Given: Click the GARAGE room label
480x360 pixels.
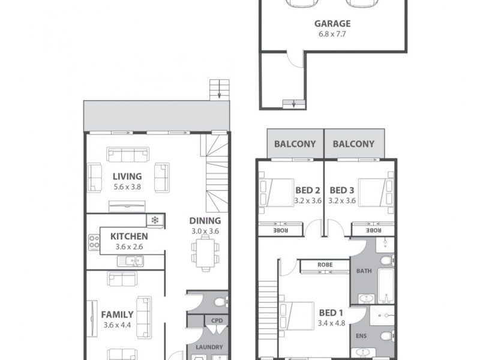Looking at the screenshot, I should (332, 24).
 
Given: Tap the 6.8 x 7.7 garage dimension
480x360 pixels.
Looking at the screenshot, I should (332, 34).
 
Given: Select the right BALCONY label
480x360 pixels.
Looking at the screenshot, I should (353, 144).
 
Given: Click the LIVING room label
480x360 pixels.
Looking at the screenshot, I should (127, 176).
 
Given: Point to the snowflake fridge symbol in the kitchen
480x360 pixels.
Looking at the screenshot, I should (155, 221).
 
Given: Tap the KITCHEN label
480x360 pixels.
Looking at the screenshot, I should (128, 236).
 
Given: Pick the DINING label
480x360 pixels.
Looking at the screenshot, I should (205, 221).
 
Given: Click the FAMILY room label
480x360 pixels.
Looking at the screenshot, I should (118, 314).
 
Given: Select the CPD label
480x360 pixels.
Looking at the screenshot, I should (217, 321).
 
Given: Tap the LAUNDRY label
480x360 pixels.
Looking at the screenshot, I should (209, 347).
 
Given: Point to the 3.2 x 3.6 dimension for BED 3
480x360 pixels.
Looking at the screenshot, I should (343, 201).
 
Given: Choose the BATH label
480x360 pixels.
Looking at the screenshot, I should (364, 271).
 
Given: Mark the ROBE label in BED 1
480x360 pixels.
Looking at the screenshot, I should (325, 263).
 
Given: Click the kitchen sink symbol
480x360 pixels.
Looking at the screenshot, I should (130, 260).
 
